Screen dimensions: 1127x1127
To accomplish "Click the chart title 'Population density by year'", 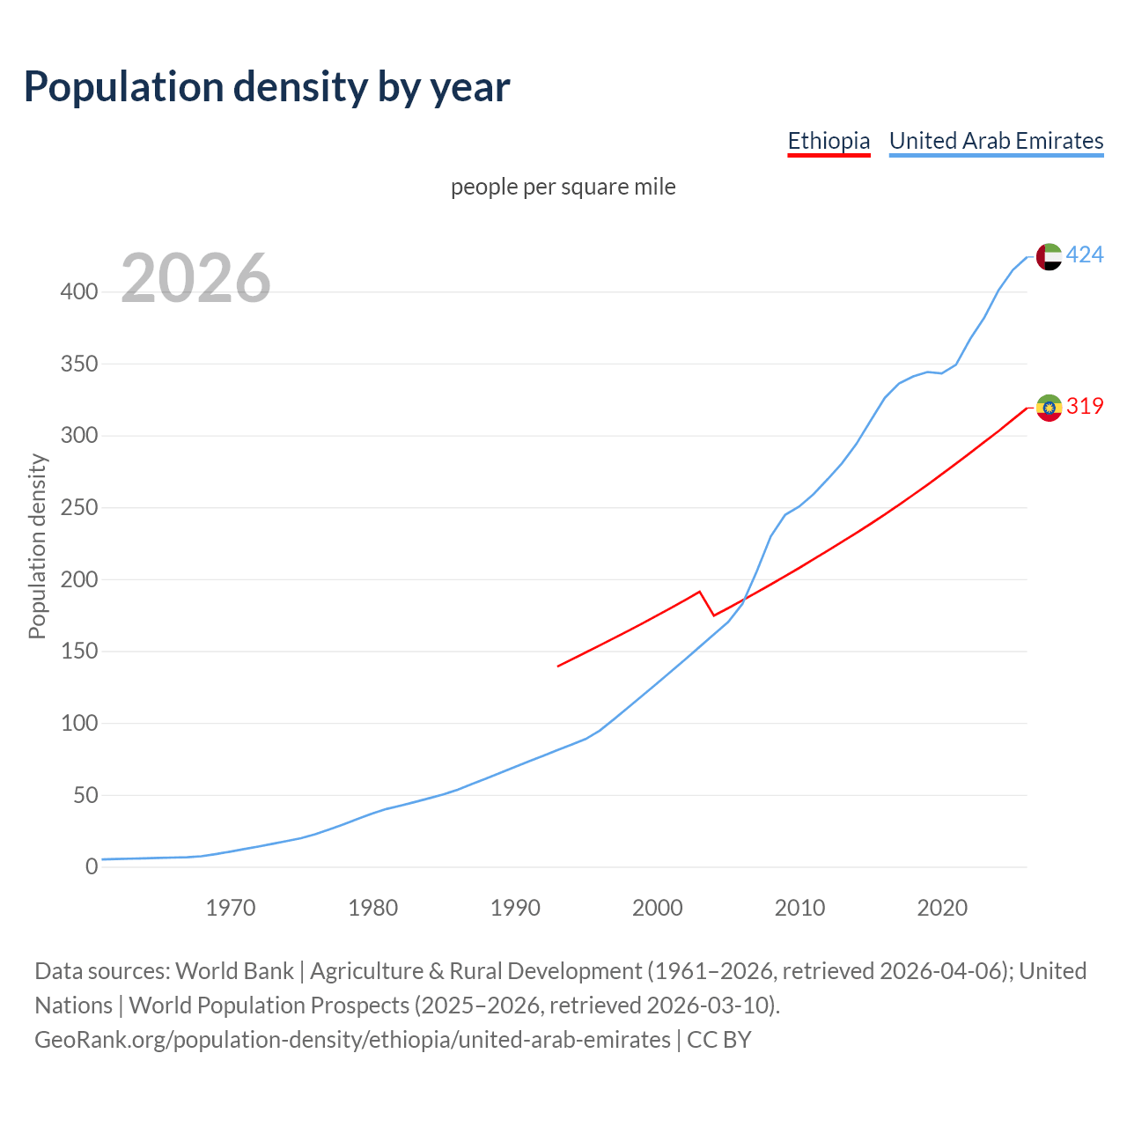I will coord(267,86).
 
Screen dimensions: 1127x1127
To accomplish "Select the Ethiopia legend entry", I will coord(829,141).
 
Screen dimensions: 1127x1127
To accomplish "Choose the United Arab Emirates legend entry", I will coord(996,141).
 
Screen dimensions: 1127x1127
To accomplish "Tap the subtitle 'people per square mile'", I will coord(563,187).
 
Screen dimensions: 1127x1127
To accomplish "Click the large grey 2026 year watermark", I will coord(195,278).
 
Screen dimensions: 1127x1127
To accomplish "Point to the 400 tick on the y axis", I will coord(79,291).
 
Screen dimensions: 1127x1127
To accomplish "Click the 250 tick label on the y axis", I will coord(79,508).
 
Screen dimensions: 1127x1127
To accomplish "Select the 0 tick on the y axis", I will coord(92,866).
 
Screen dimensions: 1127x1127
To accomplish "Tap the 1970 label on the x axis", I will coord(231,908).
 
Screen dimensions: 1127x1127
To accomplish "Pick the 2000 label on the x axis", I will coord(658,908).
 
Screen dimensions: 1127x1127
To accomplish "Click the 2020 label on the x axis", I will coord(942,908).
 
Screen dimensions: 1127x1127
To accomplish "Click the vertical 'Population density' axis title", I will coord(37,546).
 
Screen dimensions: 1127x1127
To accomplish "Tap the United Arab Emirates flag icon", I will coord(1049,256).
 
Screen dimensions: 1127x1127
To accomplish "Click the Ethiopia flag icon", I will coord(1049,408).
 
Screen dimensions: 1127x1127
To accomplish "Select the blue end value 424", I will coord(1085,255).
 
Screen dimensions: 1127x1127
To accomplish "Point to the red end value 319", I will coord(1085,407).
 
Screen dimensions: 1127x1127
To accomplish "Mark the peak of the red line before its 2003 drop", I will coord(699,592).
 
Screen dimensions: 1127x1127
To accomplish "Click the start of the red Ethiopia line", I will coord(558,666).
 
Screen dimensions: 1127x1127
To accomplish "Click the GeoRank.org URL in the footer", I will coord(352,1040).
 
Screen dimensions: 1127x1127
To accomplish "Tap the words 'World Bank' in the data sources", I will coord(234,971).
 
